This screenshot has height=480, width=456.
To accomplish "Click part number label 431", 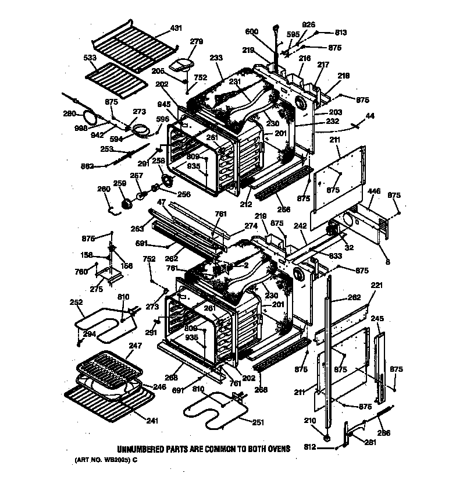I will pyautogui.click(x=176, y=28).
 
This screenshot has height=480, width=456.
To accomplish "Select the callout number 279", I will pyautogui.click(x=197, y=41).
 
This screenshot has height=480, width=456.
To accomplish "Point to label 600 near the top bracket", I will pyautogui.click(x=251, y=31).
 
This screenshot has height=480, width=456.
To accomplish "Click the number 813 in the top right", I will pyautogui.click(x=341, y=33).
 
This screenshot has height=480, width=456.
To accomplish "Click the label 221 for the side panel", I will pyautogui.click(x=377, y=285).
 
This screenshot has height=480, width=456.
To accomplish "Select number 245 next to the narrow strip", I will pyautogui.click(x=377, y=318).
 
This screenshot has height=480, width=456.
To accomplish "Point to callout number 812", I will pyautogui.click(x=311, y=447).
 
